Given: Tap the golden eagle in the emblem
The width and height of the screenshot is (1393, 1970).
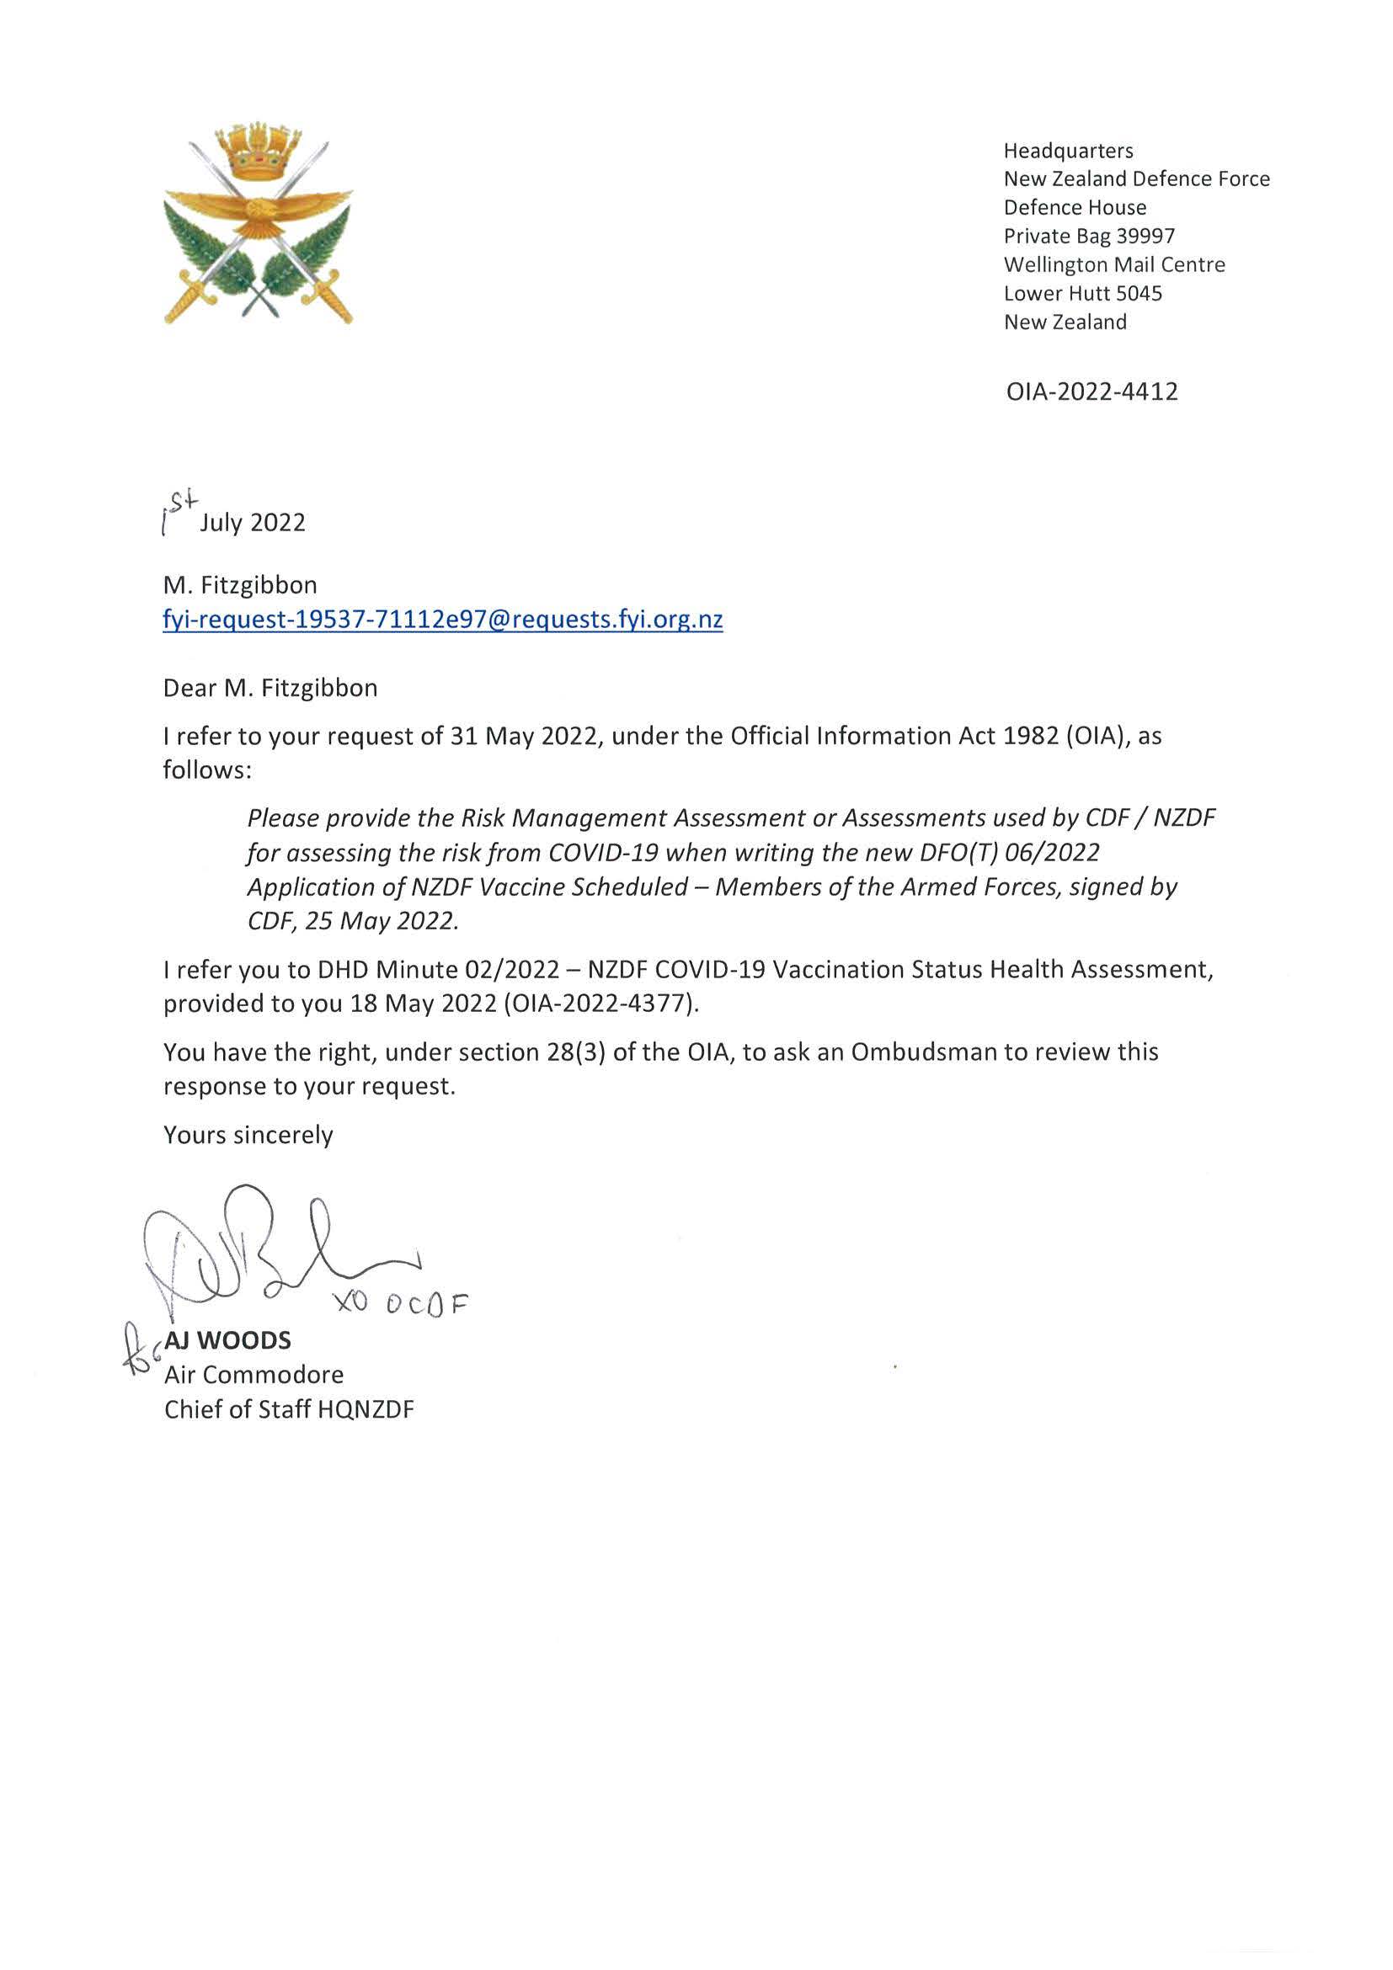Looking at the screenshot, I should pyautogui.click(x=258, y=211).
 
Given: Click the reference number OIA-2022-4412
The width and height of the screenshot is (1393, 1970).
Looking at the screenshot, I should pyautogui.click(x=1091, y=392).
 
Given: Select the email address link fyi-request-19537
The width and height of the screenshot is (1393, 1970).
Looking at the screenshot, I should pyautogui.click(x=443, y=620).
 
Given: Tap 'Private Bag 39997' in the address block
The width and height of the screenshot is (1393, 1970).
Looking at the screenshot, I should pyautogui.click(x=1089, y=236).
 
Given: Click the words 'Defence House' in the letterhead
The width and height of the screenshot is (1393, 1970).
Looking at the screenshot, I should pyautogui.click(x=1075, y=208).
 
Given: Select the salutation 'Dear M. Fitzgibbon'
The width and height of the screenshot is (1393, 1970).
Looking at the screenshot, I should pyautogui.click(x=270, y=688).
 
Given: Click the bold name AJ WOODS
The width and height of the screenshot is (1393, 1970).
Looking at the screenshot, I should pyautogui.click(x=227, y=1340).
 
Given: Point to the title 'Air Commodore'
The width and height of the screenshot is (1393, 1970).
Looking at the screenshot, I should pyautogui.click(x=254, y=1375).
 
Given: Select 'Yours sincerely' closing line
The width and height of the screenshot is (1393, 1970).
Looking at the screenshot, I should pyautogui.click(x=248, y=1135).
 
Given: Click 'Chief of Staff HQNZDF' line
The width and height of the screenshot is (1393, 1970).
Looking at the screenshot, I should pyautogui.click(x=289, y=1409).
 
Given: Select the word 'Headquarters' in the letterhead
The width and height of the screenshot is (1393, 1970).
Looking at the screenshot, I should pyautogui.click(x=1069, y=151).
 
